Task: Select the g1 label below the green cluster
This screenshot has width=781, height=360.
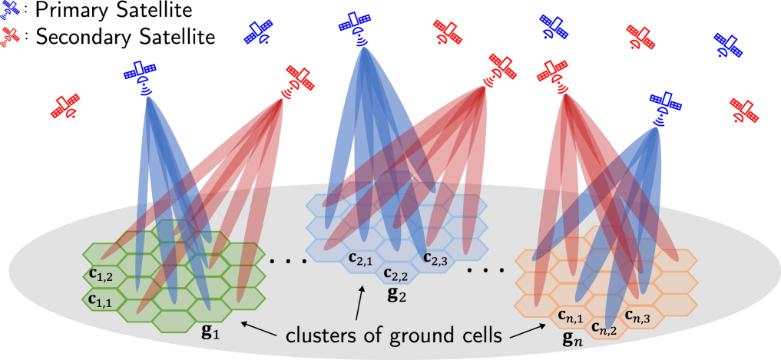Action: [x=208, y=332]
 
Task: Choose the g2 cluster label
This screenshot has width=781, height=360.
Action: [x=396, y=294]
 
